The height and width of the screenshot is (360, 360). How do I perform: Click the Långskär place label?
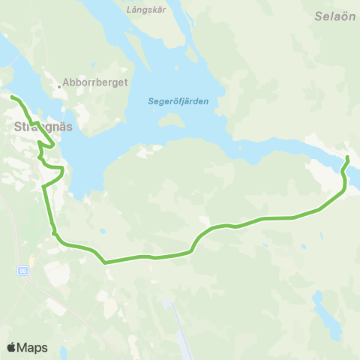145,10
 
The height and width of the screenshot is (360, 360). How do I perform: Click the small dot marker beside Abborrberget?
58,85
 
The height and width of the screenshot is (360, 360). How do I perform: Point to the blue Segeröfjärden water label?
178,101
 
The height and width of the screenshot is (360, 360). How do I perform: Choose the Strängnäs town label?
43,127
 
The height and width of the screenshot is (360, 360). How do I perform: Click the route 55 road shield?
24,270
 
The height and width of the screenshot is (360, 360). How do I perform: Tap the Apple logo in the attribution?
11,347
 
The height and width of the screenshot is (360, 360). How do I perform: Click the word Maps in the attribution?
32,347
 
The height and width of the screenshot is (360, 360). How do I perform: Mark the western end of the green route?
12,97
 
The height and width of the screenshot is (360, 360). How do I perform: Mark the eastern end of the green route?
348,157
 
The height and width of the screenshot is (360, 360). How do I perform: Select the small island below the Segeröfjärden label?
173,119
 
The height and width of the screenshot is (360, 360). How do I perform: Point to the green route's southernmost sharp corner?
104,262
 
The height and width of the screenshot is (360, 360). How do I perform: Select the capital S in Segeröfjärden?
151,101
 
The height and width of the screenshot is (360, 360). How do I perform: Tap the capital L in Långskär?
130,10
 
